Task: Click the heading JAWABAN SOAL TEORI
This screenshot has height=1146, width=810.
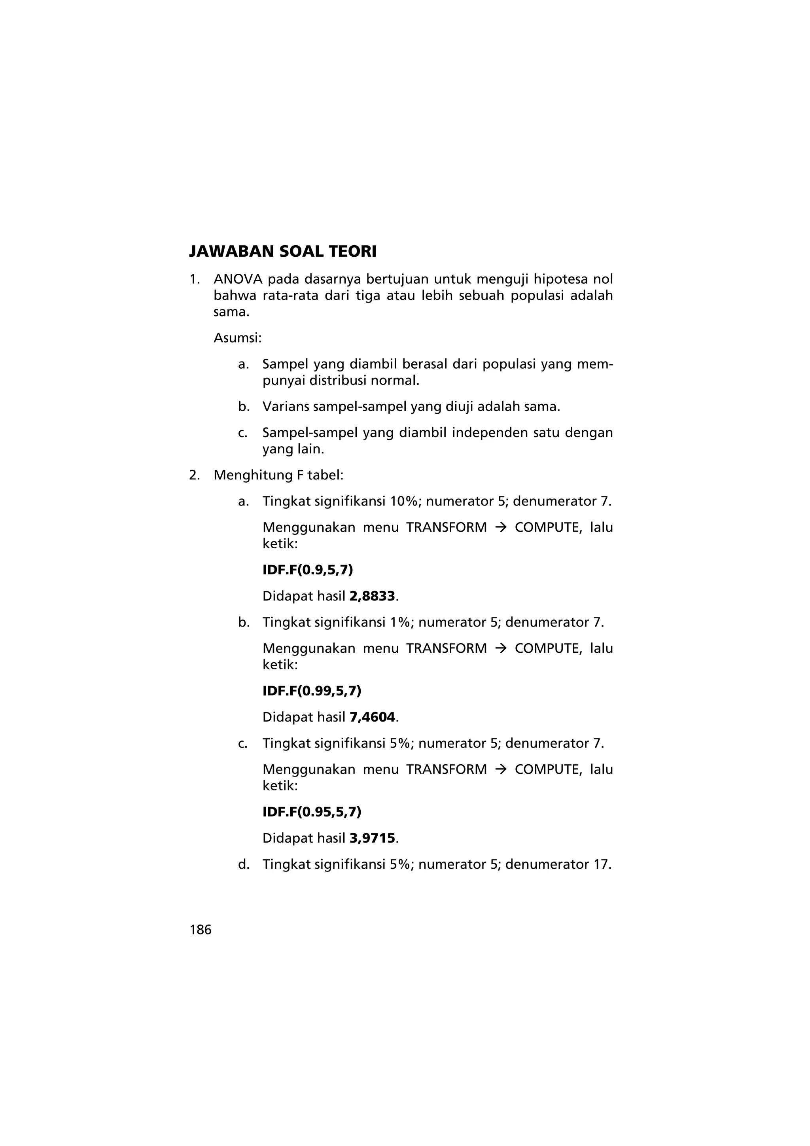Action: (282, 252)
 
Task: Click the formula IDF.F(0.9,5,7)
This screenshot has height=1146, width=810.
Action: (307, 570)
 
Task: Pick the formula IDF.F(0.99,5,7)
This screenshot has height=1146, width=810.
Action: (311, 691)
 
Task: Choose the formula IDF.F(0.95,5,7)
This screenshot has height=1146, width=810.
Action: (311, 812)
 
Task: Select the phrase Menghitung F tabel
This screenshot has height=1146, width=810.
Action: (278, 475)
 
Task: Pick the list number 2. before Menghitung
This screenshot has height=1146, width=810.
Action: (194, 475)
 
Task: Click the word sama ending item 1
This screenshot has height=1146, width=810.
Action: (230, 313)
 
